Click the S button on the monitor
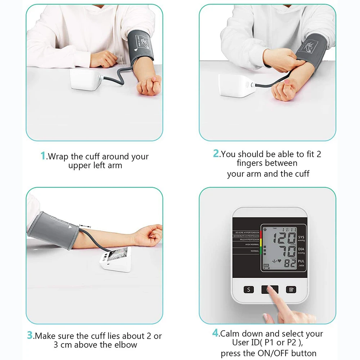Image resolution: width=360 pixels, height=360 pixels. [x=248, y=289]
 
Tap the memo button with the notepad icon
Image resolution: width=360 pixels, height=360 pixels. [x=291, y=289]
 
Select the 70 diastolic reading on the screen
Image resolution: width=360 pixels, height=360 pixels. [x=286, y=251]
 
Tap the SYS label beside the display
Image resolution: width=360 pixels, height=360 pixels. [x=301, y=237]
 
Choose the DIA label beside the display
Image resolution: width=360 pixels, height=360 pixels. [x=301, y=249]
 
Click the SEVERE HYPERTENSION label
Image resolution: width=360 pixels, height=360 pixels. [x=247, y=233]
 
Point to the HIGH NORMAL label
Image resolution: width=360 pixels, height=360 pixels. [x=252, y=244]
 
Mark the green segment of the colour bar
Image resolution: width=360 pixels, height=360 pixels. [x=260, y=251]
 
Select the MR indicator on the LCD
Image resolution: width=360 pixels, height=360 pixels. [x=266, y=266]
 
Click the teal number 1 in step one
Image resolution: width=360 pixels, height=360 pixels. [x=43, y=156]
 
